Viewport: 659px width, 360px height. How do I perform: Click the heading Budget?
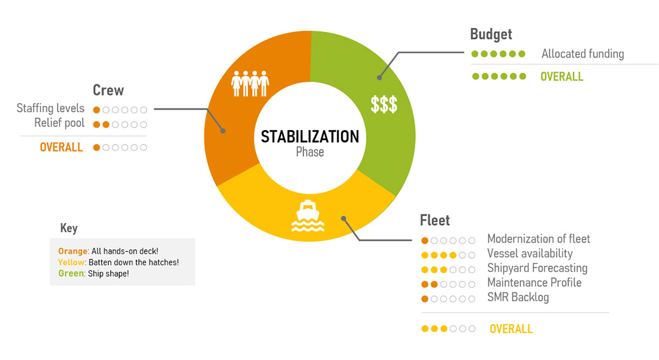[491, 34]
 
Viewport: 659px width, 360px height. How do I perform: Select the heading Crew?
[108, 90]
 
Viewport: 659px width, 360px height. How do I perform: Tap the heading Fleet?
[434, 220]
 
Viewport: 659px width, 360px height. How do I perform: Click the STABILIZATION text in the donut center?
[310, 137]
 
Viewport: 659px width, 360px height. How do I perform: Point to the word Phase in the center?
[310, 152]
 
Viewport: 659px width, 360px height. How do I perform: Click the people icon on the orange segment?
[250, 83]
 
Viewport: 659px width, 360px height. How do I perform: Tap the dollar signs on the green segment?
[384, 104]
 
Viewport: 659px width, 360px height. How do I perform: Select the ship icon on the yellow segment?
[307, 216]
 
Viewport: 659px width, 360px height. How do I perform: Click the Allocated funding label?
[582, 54]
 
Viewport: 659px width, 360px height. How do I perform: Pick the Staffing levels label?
[51, 108]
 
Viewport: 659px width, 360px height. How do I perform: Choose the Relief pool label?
[59, 123]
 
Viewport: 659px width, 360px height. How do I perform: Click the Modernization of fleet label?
[539, 239]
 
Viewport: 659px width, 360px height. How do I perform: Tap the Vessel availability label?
[530, 253]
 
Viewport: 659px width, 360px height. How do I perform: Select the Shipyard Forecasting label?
[537, 268]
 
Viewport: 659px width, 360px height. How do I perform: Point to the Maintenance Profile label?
[534, 282]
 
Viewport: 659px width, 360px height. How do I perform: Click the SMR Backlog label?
[518, 297]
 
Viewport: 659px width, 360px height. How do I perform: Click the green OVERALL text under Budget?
[561, 77]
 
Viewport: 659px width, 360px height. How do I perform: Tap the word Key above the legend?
[69, 228]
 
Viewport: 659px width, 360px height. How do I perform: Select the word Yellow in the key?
[72, 262]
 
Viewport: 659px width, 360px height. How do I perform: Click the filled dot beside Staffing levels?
[96, 110]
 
